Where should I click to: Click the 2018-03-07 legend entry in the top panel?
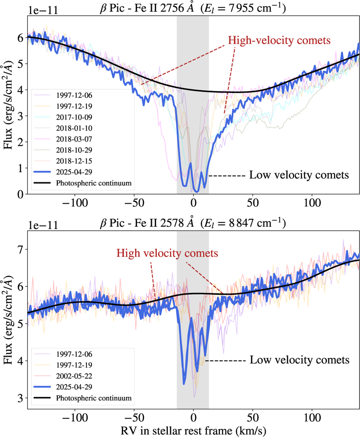[x=74, y=139]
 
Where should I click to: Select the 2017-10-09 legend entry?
[x=74, y=117]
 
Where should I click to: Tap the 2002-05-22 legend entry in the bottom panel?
[x=74, y=376]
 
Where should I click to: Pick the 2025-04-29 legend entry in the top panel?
[x=74, y=172]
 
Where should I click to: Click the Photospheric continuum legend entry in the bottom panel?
[x=94, y=398]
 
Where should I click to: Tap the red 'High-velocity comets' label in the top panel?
[x=279, y=40]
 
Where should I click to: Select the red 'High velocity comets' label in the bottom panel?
[x=167, y=253]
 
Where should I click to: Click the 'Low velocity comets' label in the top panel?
[x=299, y=175]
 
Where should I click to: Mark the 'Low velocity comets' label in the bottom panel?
[x=299, y=360]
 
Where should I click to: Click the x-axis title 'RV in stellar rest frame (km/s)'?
[x=193, y=431]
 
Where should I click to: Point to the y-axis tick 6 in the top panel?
[x=20, y=38]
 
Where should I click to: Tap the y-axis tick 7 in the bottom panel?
[x=20, y=249]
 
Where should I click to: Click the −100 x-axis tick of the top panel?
[x=75, y=203]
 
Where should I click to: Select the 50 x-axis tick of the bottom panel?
[x=253, y=418]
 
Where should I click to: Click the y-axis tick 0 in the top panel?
[x=20, y=194]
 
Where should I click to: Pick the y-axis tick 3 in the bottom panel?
[x=20, y=398]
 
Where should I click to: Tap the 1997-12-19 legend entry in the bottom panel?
[x=74, y=365]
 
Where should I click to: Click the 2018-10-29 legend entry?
[x=74, y=150]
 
